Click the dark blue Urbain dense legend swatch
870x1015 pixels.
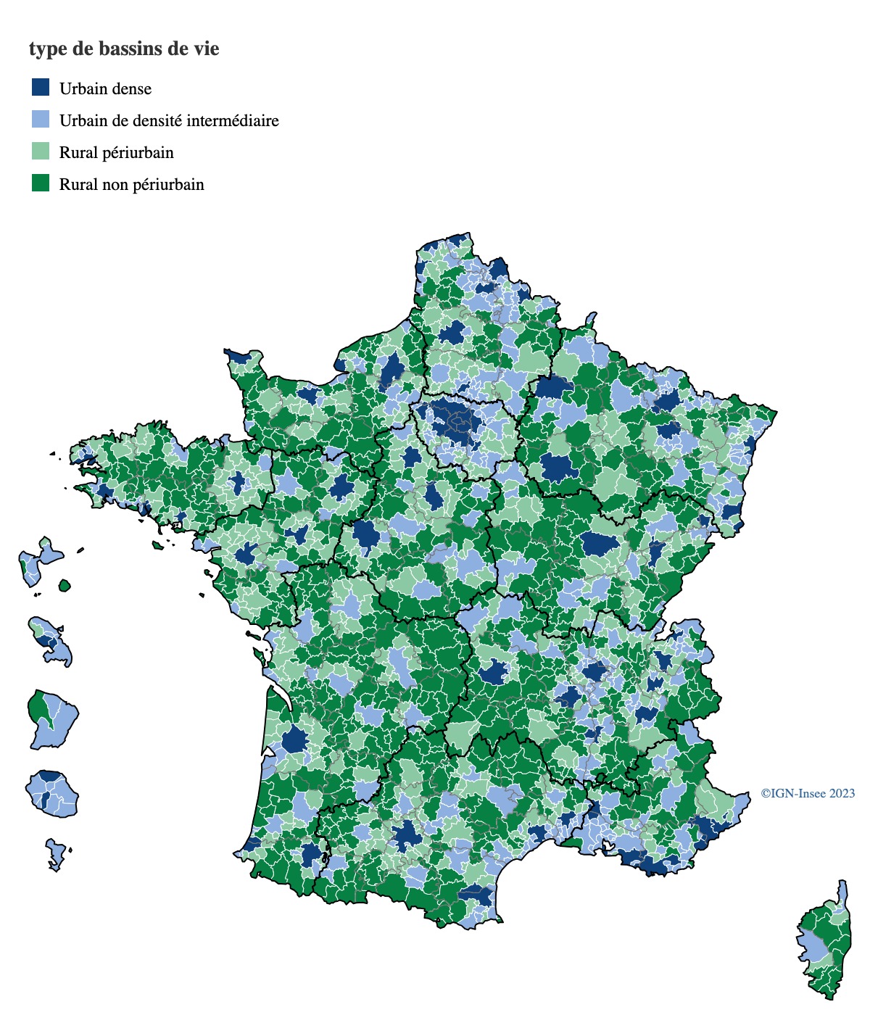[41, 88]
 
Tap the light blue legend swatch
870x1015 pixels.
[41, 120]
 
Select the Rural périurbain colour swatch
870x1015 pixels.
[41, 152]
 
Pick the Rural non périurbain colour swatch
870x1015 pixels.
[41, 183]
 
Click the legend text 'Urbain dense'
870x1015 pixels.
[106, 89]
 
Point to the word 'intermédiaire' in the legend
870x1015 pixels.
[232, 120]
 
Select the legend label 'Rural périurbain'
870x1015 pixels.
[117, 153]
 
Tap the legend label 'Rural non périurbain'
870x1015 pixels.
[132, 185]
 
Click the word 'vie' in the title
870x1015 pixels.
[206, 49]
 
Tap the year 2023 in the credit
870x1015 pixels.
[842, 793]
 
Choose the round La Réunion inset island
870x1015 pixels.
[52, 795]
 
